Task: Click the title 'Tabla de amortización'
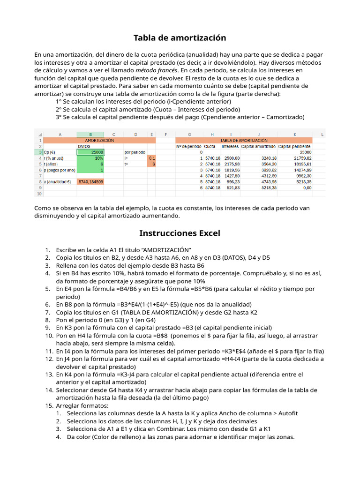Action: click(180, 38)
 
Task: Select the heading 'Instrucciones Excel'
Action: click(180, 233)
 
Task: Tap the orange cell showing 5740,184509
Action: click(90, 181)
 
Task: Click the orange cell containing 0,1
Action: click(152, 158)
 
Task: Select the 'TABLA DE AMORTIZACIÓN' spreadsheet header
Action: click(244, 140)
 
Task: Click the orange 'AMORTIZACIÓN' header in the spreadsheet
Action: click(99, 140)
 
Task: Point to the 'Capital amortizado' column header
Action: click(258, 146)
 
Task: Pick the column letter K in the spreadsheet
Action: click(295, 135)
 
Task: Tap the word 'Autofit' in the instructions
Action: click(288, 413)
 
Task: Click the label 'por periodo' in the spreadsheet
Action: click(135, 152)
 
